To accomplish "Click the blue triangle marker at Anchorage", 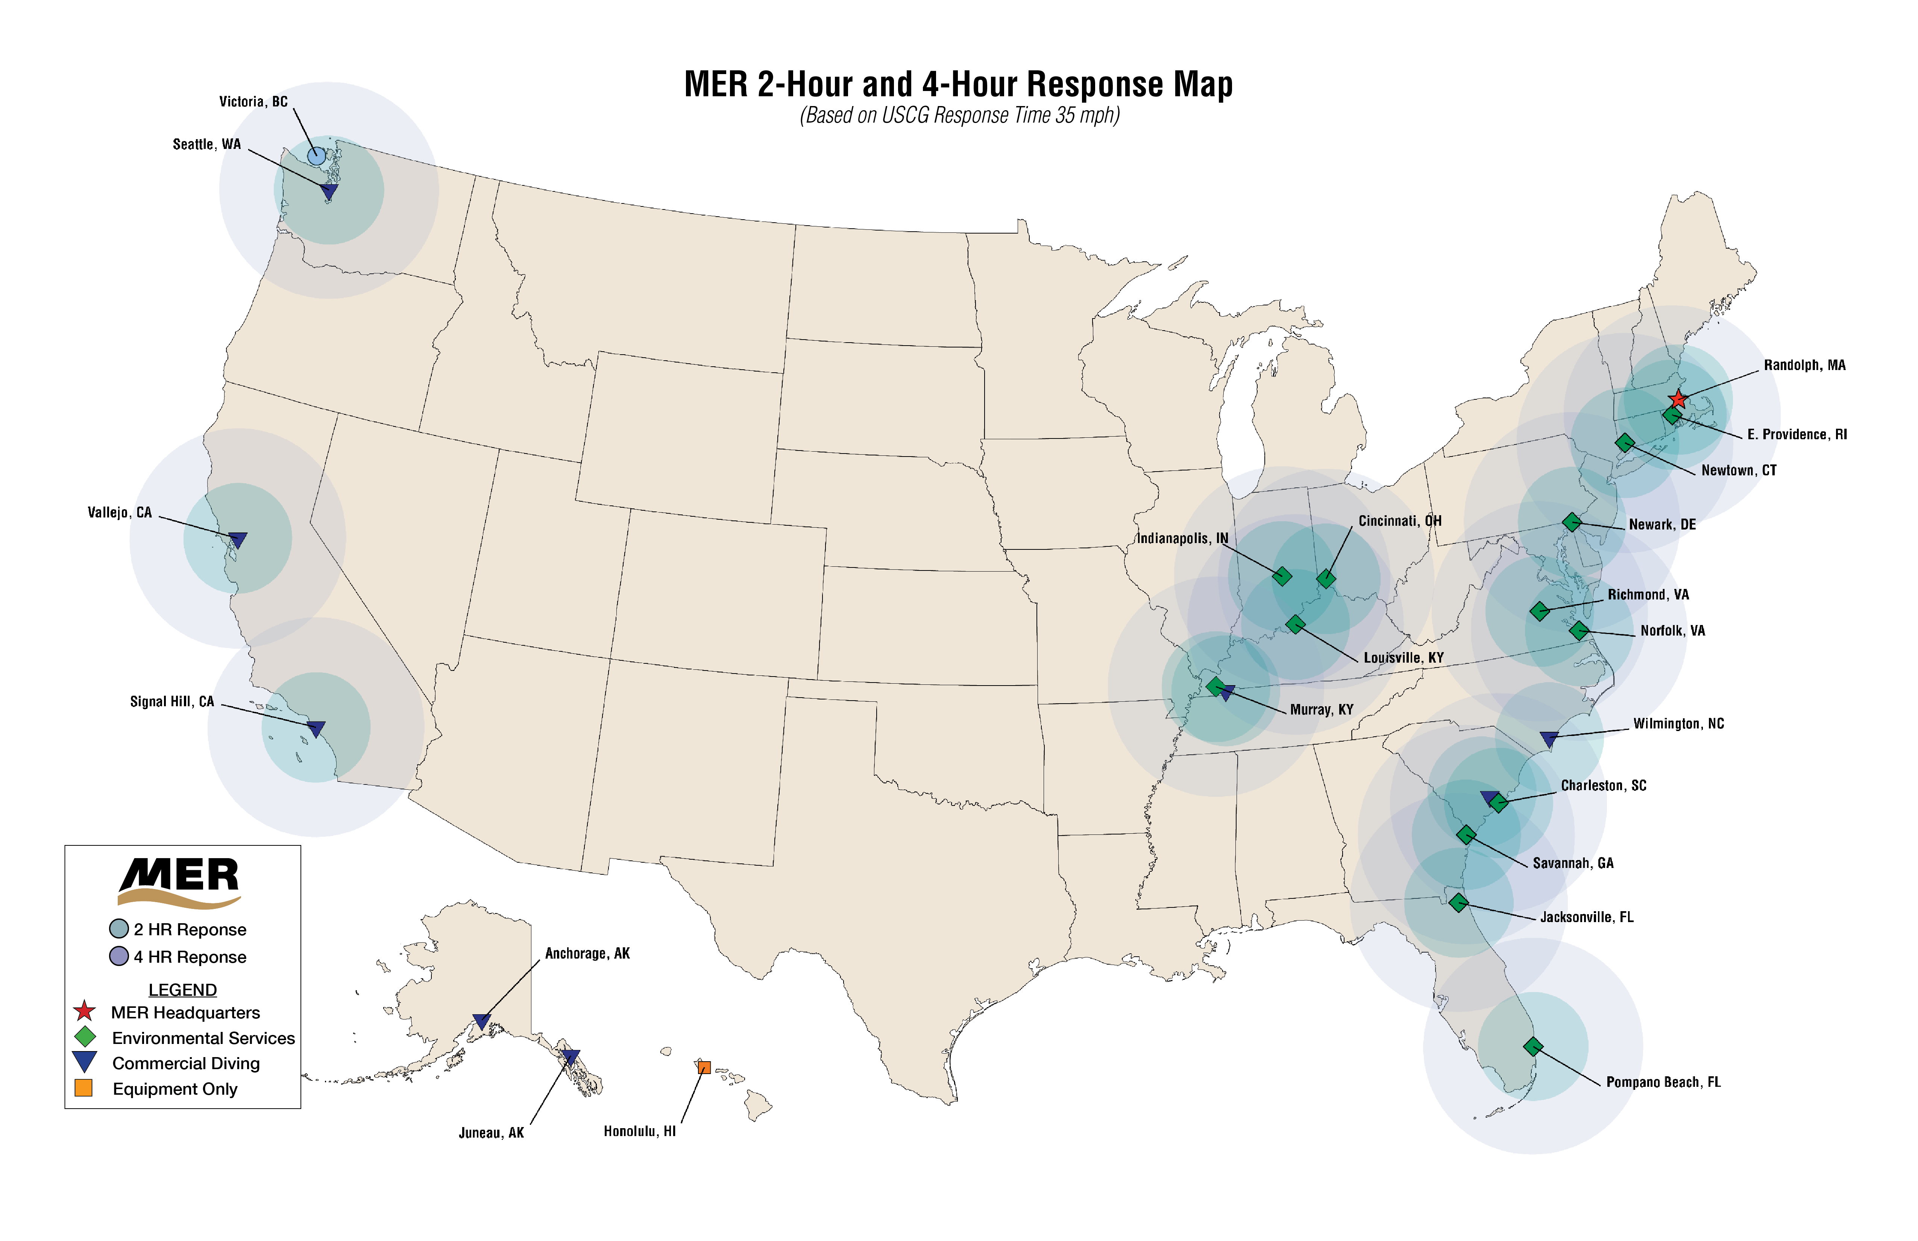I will [481, 1021].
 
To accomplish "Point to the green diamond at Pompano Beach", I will [1533, 1047].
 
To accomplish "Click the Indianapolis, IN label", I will [1182, 538].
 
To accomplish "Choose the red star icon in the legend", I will [85, 1012].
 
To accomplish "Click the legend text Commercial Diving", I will [186, 1064].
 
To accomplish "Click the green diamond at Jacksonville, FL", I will [1458, 903].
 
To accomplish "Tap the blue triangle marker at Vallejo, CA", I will [238, 539].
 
